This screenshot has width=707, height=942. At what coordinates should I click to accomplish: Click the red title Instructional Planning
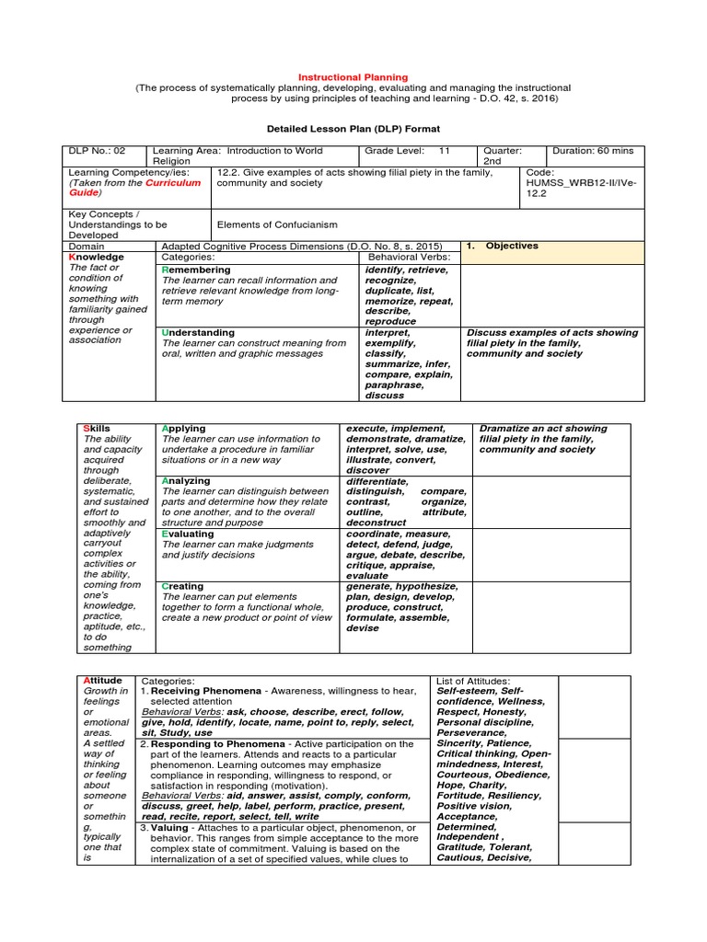click(353, 77)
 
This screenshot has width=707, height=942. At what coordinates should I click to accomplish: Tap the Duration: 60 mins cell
click(596, 150)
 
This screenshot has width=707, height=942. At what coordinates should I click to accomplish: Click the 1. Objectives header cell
click(502, 247)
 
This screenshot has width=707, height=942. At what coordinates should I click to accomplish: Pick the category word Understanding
click(198, 332)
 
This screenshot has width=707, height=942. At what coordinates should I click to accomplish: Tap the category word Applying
click(183, 429)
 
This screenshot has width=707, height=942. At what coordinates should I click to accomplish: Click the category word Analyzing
click(186, 481)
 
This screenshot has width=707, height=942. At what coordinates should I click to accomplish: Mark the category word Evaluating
click(188, 534)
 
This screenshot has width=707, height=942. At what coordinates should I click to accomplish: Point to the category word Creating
click(182, 586)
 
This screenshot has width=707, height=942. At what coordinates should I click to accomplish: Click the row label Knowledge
click(97, 258)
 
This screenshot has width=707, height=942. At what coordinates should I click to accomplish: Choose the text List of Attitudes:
click(473, 681)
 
